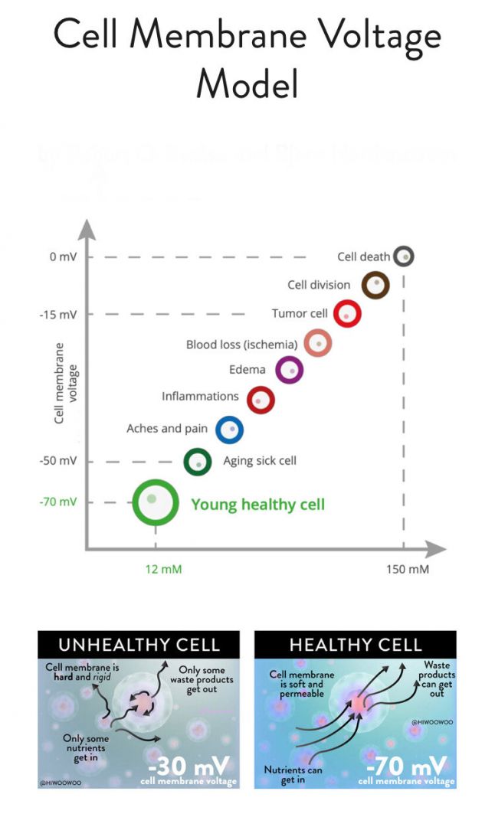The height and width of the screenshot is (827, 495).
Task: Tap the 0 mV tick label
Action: point(63,257)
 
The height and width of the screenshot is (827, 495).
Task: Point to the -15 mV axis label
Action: point(60,315)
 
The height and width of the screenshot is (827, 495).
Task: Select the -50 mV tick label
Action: point(60,461)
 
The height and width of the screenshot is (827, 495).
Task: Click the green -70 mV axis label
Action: point(58,502)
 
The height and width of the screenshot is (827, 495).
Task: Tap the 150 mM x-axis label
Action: point(408,569)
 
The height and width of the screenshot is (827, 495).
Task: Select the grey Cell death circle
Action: point(404,257)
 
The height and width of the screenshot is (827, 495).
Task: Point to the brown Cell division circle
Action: point(375,285)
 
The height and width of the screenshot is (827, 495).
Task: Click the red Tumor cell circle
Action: point(347,313)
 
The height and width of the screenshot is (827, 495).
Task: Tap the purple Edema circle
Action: point(289,370)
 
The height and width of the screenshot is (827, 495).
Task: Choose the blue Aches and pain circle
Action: point(229,430)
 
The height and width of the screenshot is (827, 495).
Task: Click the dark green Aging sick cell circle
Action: point(198,462)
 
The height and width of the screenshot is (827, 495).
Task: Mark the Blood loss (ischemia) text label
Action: point(241,345)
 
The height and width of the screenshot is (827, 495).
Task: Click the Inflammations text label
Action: point(200,397)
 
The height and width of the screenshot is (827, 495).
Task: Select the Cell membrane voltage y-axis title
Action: point(66,383)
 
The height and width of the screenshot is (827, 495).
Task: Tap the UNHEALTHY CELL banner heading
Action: point(139,644)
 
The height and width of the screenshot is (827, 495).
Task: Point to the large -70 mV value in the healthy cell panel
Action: point(406,767)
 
